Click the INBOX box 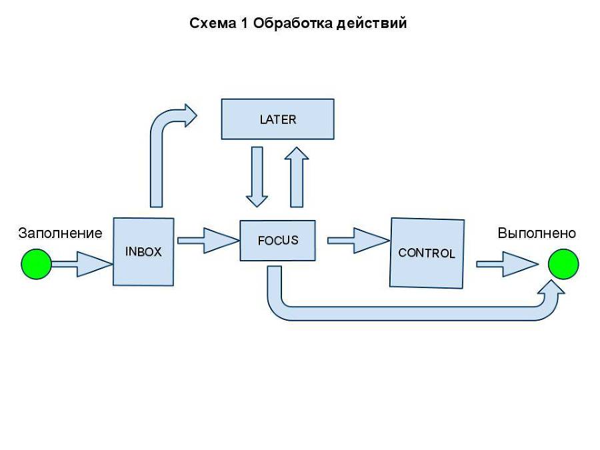(x=143, y=252)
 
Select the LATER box (x=277, y=119)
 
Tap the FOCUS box (x=277, y=240)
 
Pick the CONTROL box (x=427, y=253)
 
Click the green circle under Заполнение (x=36, y=264)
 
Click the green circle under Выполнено (x=563, y=265)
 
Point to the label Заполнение (x=60, y=233)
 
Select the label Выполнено (x=537, y=233)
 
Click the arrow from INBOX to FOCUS (x=207, y=241)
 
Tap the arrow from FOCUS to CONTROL (x=357, y=241)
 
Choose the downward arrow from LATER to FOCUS (x=257, y=177)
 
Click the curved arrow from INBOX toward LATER (x=160, y=153)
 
